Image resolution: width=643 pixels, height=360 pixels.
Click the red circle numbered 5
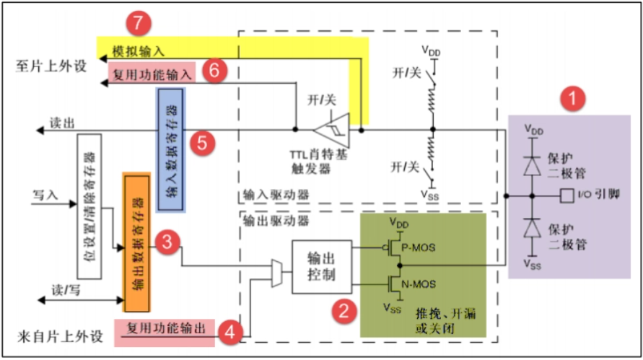tap(202, 143)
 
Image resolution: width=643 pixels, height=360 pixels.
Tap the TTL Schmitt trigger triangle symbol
tap(331, 131)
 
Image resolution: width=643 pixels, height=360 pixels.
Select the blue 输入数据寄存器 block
tap(172, 149)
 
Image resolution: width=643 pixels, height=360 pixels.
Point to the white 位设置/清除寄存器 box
tap(87, 206)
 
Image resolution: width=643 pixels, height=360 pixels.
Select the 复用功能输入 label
tap(154, 73)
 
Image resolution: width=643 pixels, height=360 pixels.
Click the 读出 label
tap(61, 122)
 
